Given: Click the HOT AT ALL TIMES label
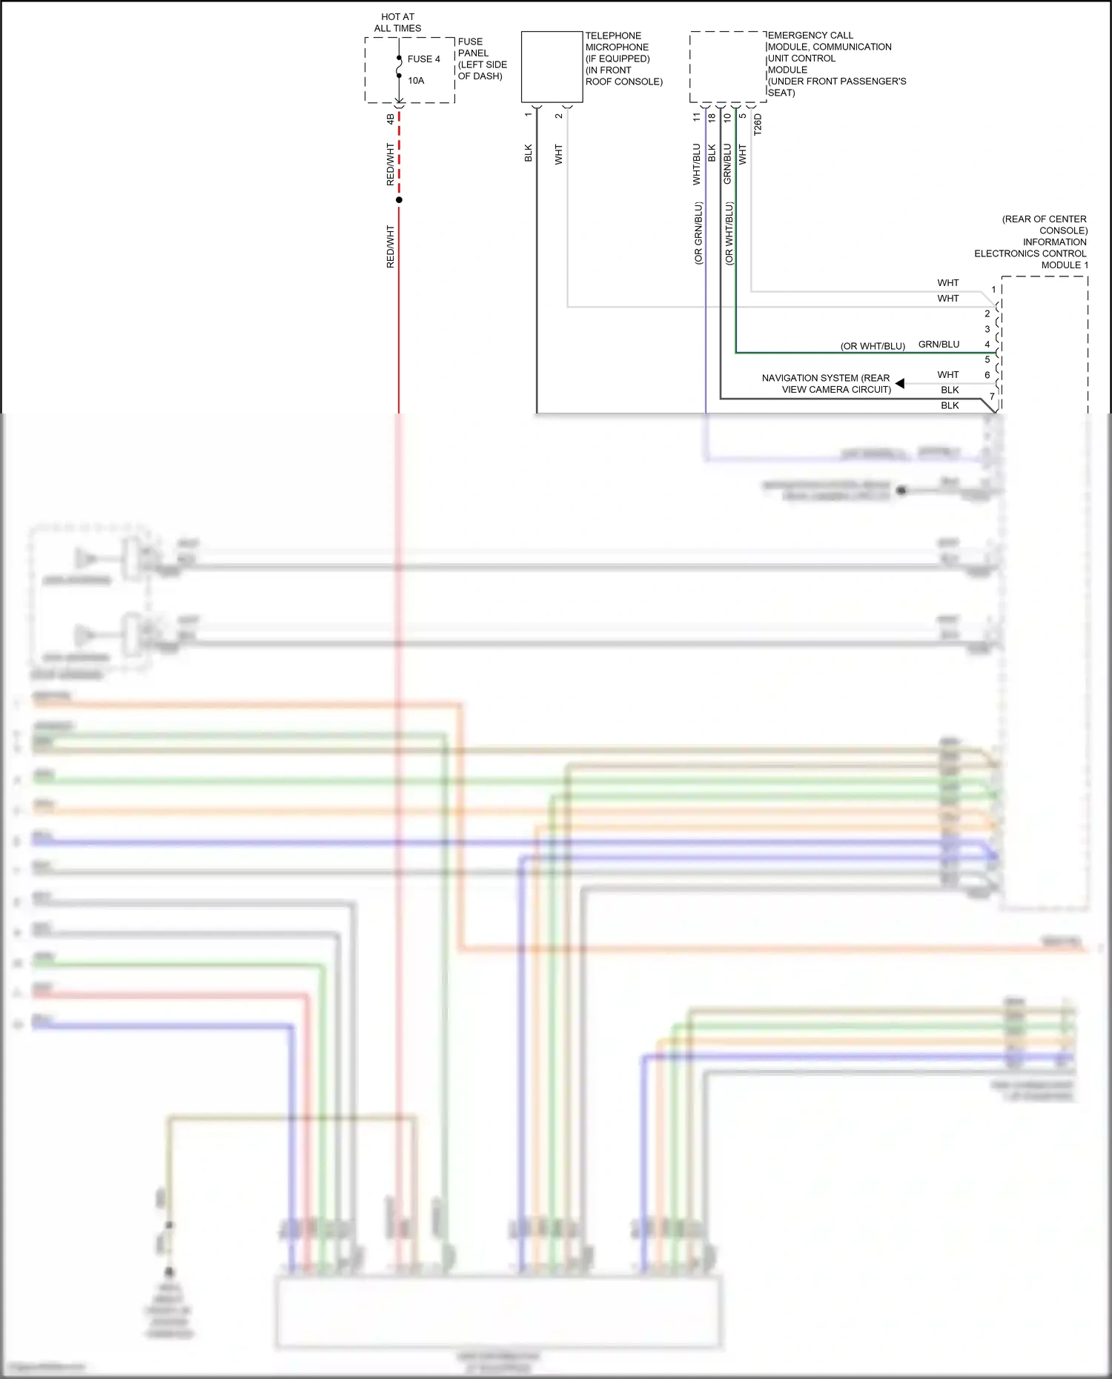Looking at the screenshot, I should point(397,22).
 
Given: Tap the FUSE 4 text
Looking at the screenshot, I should point(423,59).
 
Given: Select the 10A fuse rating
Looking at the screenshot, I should point(416,81).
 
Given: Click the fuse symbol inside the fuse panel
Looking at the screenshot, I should point(399,67).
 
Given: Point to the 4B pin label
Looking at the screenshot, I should point(391,118).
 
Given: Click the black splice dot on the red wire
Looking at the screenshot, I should point(399,200).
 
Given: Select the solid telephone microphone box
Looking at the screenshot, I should point(552,67).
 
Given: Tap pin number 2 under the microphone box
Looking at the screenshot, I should point(559,116).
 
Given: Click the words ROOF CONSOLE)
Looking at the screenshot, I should point(623,82).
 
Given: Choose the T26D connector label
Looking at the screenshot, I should point(758,124).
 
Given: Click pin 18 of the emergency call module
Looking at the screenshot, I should point(712,117).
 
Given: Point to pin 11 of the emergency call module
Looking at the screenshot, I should point(696,117).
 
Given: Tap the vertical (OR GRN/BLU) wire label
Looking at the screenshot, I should point(698,233).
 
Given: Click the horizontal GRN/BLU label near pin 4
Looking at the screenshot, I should point(939,345).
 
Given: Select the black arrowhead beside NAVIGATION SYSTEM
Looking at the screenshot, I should point(900,383).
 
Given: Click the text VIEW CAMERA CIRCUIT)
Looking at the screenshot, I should point(836,390).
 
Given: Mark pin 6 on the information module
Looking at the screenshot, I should point(987,375).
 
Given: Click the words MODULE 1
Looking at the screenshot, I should point(1065,265).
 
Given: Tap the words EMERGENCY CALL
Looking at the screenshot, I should point(810,36).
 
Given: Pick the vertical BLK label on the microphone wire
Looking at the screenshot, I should point(529,153).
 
